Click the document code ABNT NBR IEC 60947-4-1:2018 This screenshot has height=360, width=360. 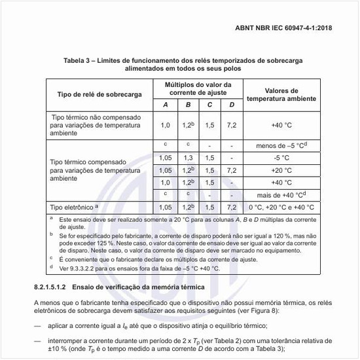pyautogui.click(x=293, y=29)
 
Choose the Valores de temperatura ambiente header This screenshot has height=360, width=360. pyautogui.click(x=281, y=95)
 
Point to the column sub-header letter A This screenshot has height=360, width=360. pyautogui.click(x=165, y=105)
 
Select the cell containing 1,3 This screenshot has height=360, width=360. pyautogui.click(x=188, y=158)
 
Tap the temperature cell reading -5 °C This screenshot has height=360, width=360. pyautogui.click(x=281, y=158)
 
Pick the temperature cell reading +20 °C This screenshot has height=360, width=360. pyautogui.click(x=281, y=170)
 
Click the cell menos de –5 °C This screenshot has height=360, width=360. pyautogui.click(x=281, y=145)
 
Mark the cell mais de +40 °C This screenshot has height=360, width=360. pyautogui.click(x=281, y=195)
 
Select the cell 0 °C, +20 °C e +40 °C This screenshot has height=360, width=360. pyautogui.click(x=281, y=207)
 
